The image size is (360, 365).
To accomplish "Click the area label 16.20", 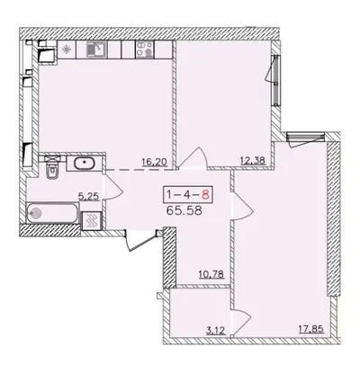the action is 154,162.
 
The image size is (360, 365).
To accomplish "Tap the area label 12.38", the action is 253,161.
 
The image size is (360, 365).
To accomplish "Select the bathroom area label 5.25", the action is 89,197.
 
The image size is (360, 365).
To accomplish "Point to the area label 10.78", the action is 211,274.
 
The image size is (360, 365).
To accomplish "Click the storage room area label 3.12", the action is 216,331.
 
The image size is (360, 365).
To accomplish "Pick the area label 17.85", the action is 311,329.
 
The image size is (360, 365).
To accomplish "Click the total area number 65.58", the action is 184,210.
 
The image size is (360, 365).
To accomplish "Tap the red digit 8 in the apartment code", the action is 205,195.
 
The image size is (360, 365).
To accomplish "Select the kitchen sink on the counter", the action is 96,49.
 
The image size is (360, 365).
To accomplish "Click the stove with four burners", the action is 145,49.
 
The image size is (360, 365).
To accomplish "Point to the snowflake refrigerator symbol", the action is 66,49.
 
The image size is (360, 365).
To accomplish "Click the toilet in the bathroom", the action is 53,169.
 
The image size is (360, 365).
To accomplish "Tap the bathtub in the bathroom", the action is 52,213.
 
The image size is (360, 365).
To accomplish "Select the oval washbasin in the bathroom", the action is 85,164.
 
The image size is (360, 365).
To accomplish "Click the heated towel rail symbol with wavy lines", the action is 92,221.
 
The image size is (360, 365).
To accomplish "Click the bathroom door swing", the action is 112,186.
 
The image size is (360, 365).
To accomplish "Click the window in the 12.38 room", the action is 275,80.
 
